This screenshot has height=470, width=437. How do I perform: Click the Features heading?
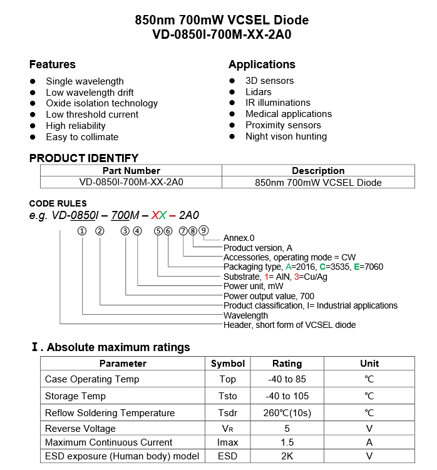pos(52,64)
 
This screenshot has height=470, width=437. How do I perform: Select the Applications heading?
pos(262,64)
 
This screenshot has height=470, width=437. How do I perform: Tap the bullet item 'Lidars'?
pos(258,92)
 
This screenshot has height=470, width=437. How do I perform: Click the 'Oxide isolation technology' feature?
pos(101,103)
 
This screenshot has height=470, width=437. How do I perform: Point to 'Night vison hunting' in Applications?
pos(285,136)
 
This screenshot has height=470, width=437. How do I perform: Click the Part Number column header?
pos(131,171)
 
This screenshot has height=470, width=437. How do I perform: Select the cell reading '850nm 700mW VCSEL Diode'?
pos(318,183)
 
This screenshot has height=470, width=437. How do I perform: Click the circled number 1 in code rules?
pos(82,231)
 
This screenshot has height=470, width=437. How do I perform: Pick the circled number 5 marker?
pos(158,231)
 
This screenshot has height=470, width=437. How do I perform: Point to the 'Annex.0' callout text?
pos(239,238)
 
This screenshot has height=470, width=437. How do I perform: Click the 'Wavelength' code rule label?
pos(245,315)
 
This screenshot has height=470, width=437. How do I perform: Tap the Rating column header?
pos(287,364)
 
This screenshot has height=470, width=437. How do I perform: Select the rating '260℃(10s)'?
pos(287,413)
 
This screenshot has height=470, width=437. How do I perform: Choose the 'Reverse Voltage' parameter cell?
pos(80,429)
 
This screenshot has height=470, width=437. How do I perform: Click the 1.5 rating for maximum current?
pos(287,442)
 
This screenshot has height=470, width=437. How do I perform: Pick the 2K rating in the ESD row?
pos(287,456)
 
